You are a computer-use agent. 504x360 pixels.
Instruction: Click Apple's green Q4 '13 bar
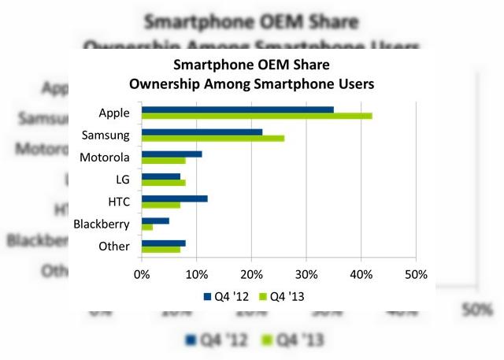pos(257,116)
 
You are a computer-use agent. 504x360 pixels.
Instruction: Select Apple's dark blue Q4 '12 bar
pos(237,109)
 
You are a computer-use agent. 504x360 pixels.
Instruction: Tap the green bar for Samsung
pos(213,139)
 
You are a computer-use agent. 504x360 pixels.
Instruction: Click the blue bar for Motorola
pos(172,154)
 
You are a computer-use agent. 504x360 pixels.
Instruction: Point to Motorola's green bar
pos(163,161)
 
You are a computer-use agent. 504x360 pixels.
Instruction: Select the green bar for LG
pos(163,183)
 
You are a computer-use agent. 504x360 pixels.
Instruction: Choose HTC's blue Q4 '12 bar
pos(174,199)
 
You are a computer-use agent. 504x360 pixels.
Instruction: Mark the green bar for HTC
pos(161,206)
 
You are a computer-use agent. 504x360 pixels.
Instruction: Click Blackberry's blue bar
pos(155,221)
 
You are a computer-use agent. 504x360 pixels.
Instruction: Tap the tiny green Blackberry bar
pos(147,228)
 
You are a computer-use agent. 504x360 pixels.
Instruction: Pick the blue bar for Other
pos(163,243)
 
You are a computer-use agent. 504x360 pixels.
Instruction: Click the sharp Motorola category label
pos(105,158)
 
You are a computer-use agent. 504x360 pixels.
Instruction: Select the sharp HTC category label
pos(117,202)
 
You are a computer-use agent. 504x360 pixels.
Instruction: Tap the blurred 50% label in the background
pos(477,310)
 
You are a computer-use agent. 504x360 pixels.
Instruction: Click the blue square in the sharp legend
pos(208,296)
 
